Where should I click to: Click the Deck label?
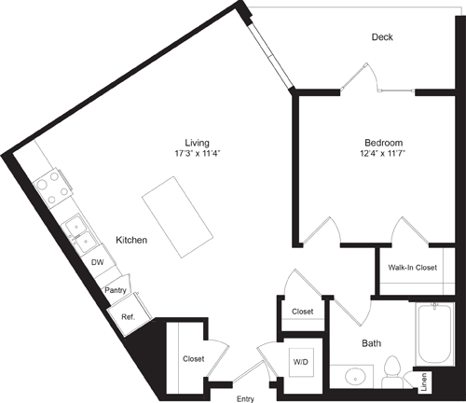coord(382,37)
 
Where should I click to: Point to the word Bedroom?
coord(382,142)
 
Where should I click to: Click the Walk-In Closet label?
coord(413,268)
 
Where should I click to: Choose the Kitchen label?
coord(131,241)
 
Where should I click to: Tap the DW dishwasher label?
coord(97,263)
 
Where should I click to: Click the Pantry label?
coord(115,290)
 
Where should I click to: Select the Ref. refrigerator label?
coord(128,316)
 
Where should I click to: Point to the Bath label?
coord(371,343)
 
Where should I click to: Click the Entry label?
coord(245,398)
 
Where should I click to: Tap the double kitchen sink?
coord(78,232)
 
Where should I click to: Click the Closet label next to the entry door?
coord(194,357)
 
